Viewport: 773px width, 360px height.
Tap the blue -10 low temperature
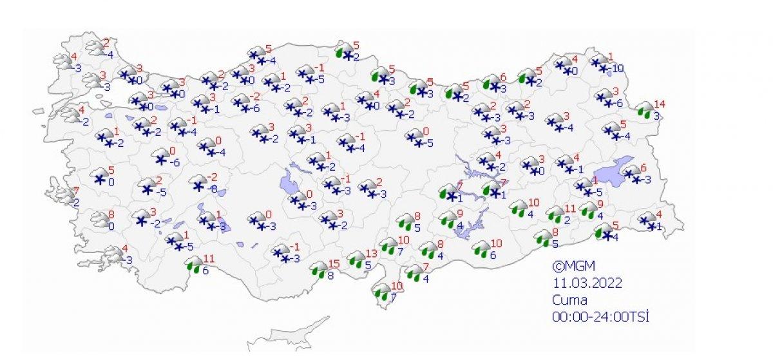coord(617,69)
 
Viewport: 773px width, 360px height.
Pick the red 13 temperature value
coord(370,253)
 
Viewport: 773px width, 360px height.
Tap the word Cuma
coord(566,299)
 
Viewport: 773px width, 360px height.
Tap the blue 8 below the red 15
coord(329,276)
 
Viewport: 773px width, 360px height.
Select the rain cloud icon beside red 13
coord(355,259)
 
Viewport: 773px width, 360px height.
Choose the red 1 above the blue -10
coord(611,56)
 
